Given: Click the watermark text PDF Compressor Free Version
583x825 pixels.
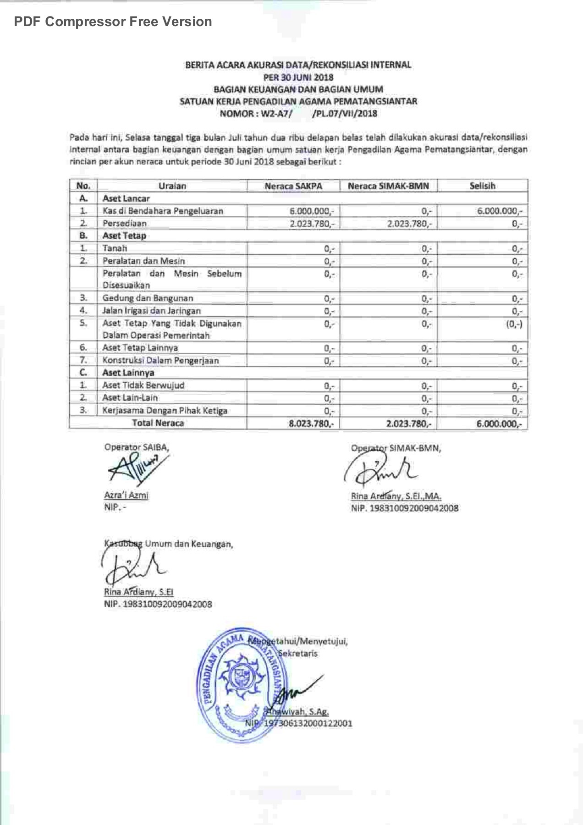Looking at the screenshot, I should click(113, 22).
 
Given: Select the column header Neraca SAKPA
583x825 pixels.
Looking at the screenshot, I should click(293, 186).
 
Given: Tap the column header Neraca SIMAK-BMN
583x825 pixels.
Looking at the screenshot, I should click(388, 186).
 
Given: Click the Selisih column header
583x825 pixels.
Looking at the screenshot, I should click(482, 186).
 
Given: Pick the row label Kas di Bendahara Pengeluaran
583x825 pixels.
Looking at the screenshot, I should click(163, 211).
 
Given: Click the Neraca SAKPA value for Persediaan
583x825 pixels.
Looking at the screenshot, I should click(312, 224).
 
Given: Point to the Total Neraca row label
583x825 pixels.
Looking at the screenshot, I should click(158, 423).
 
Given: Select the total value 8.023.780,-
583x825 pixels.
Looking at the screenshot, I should click(311, 423).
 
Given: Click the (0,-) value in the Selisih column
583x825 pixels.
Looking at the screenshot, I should click(514, 324).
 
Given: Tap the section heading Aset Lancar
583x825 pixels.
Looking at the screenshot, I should click(126, 199).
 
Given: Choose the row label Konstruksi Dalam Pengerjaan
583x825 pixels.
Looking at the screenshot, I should click(160, 361).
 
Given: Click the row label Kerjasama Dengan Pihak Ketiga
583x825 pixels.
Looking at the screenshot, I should click(165, 411).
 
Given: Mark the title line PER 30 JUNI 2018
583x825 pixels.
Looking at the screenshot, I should click(298, 77).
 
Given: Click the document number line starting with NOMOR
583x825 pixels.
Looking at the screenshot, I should click(298, 113).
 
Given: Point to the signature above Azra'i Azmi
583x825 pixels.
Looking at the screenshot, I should click(135, 469).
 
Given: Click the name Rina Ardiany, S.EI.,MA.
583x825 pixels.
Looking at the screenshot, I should click(396, 496).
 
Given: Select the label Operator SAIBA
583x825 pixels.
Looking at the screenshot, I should click(137, 447).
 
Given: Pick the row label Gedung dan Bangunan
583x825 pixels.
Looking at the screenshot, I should click(148, 298).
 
